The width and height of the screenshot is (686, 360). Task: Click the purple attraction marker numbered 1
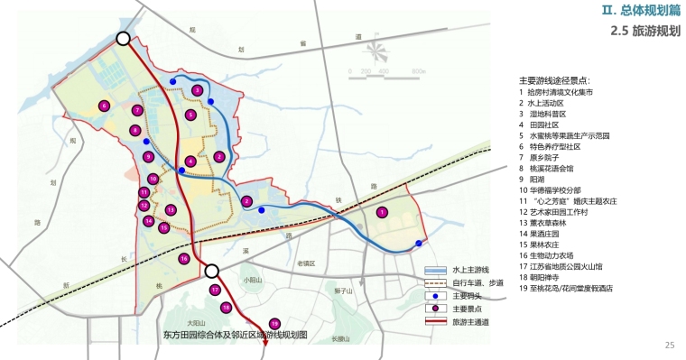click(382, 212)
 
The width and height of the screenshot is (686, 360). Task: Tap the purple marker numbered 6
click(104, 106)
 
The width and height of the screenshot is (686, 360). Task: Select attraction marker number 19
click(273, 324)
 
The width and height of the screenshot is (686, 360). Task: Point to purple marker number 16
click(183, 259)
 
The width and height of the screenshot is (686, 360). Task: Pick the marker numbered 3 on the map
click(197, 90)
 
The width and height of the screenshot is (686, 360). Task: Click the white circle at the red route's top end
click(124, 39)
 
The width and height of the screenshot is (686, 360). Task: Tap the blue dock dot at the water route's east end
click(419, 244)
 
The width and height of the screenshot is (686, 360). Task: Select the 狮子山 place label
click(342, 291)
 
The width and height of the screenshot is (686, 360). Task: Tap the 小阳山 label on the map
click(253, 281)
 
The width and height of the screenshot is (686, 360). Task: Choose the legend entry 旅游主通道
click(466, 321)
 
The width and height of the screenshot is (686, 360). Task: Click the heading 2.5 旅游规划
click(644, 31)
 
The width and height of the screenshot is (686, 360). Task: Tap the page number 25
click(670, 345)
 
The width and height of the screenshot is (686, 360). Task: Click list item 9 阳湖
click(541, 179)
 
